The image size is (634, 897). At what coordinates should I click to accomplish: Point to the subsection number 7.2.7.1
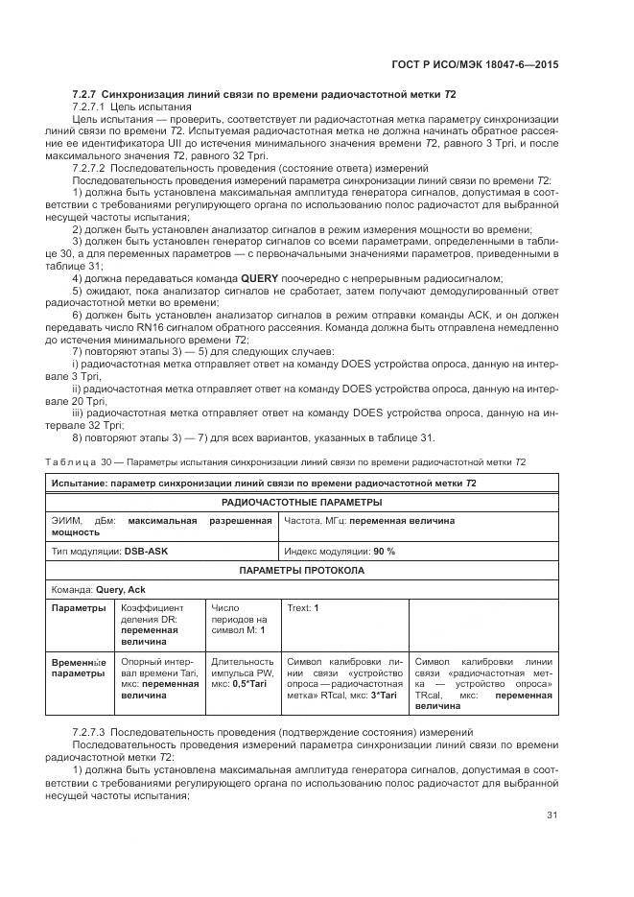[x=92, y=108]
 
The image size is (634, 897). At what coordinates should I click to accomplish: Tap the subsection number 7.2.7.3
[x=92, y=733]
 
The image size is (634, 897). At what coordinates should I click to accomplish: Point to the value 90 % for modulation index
[x=385, y=552]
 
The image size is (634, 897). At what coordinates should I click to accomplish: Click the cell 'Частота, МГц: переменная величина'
[x=369, y=521]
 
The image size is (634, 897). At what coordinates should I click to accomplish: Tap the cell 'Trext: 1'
[x=303, y=608]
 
